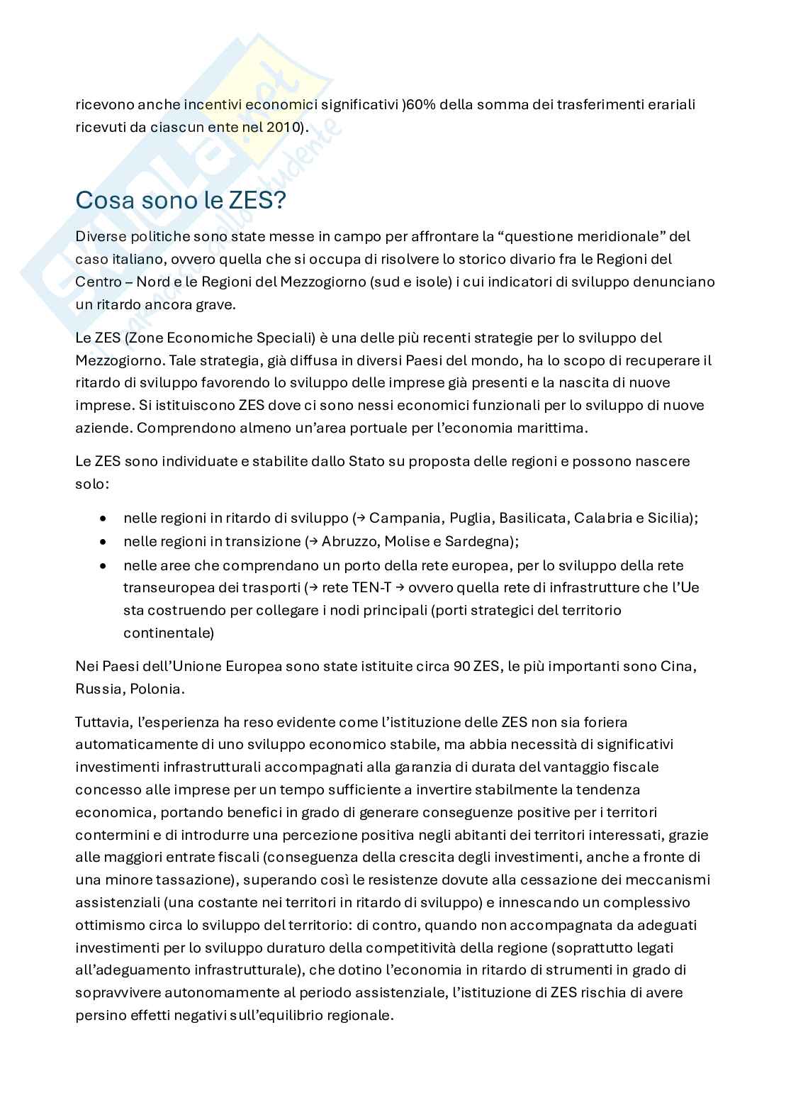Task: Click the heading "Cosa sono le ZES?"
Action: [x=180, y=201]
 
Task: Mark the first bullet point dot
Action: [x=105, y=519]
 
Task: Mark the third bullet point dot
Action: [x=105, y=566]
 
